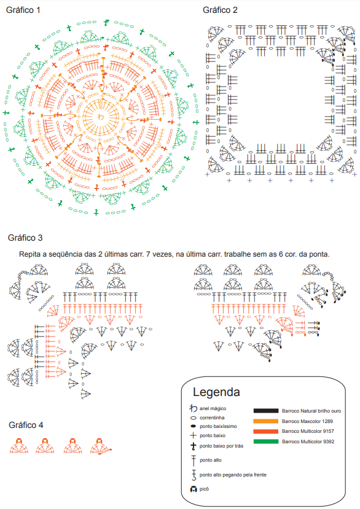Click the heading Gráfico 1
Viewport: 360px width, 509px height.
tap(23, 10)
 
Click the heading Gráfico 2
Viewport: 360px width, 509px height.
tap(220, 10)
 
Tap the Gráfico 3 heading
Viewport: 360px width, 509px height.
tap(25, 238)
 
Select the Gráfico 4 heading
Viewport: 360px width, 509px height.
tap(26, 425)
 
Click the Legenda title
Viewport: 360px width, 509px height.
tap(216, 392)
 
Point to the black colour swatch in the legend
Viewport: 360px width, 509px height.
tap(266, 411)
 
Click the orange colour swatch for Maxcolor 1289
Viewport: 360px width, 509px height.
tap(266, 421)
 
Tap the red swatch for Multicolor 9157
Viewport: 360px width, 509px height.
tap(266, 431)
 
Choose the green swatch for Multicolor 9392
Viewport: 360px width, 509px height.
tap(266, 441)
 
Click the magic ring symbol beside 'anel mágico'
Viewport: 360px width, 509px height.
tap(194, 408)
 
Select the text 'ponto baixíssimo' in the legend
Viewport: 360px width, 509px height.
tap(218, 426)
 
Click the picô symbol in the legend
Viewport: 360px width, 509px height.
tap(194, 489)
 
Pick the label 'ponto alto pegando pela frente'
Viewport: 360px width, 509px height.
tap(233, 475)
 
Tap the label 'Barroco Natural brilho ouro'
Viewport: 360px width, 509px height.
tap(311, 411)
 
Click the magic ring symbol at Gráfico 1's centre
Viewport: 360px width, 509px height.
tap(101, 117)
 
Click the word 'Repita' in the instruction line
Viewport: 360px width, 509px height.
tap(29, 254)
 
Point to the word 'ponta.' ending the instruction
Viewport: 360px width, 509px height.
tap(320, 254)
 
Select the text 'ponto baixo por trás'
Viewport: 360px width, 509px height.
tap(221, 446)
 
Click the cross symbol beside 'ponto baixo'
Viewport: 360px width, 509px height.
tap(194, 435)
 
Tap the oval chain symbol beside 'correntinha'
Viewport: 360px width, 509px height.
tap(194, 418)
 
